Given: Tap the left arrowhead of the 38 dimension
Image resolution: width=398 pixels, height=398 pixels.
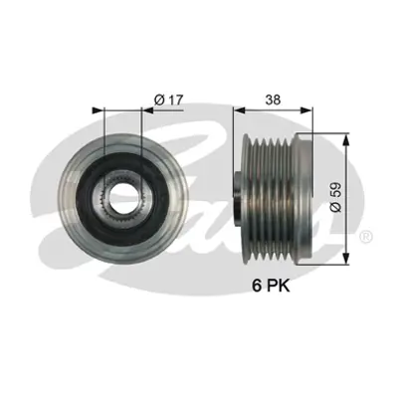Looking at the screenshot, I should [x=238, y=109].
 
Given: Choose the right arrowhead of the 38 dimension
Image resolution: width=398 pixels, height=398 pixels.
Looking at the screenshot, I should [x=309, y=109].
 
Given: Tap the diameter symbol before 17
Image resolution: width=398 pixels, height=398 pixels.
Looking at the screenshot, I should [x=159, y=99].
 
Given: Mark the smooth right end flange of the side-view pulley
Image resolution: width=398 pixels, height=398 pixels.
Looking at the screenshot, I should [x=305, y=193].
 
